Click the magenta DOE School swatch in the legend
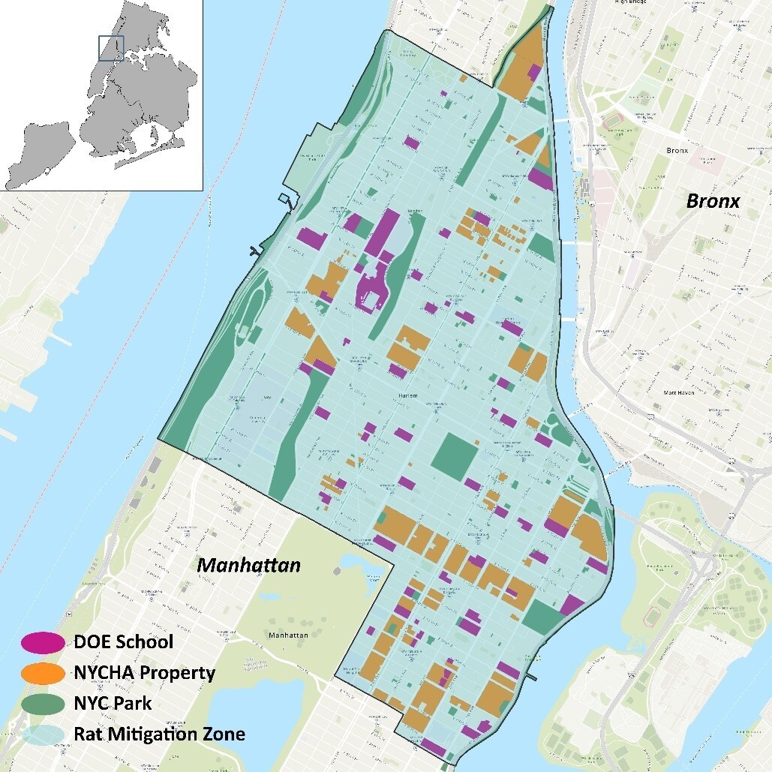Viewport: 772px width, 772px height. (x=43, y=642)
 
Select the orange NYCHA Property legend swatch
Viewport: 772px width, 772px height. (x=43, y=673)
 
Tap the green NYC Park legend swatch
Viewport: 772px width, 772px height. (x=43, y=704)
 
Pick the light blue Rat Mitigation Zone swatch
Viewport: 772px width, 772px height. (x=43, y=734)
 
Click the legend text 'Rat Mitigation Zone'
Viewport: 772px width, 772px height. (x=159, y=734)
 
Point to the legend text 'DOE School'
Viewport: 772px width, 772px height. (x=123, y=642)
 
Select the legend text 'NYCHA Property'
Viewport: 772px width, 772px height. (x=144, y=673)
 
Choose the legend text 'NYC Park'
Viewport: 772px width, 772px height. (x=113, y=704)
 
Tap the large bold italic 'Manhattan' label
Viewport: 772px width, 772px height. (x=248, y=565)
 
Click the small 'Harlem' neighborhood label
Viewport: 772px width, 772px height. (x=407, y=395)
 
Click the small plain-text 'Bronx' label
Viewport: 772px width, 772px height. (x=677, y=150)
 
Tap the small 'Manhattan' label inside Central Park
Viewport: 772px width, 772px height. (x=287, y=635)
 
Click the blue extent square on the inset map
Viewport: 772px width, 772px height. (x=110, y=47)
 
